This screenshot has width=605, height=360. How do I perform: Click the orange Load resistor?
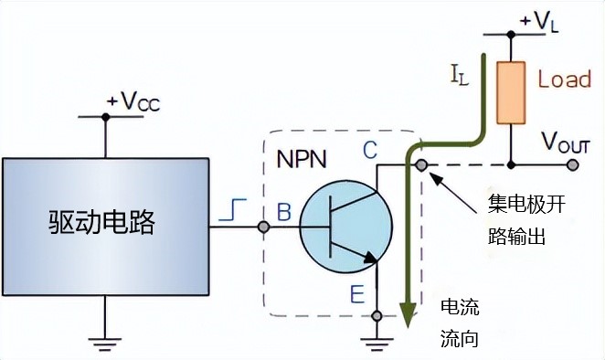[x=510, y=92]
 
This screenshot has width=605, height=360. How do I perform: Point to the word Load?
[x=564, y=79]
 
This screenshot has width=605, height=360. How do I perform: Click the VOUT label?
[x=566, y=143]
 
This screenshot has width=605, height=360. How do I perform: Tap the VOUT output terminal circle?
[x=573, y=165]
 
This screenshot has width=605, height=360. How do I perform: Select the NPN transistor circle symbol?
[x=345, y=225]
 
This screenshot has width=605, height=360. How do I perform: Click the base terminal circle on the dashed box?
[x=263, y=225]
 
